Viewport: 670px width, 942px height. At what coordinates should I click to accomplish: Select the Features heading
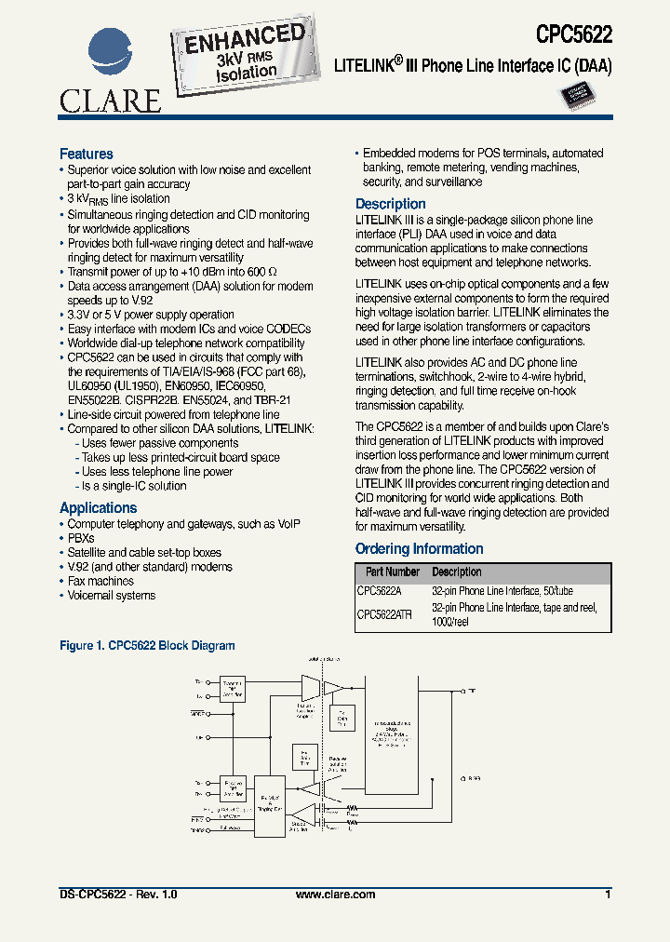point(87,154)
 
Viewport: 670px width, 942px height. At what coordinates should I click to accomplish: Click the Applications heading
point(98,507)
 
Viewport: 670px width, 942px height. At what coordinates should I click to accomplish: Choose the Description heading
point(391,204)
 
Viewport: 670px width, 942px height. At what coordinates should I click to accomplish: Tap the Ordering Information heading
point(419,548)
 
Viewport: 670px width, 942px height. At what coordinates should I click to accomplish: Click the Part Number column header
point(392,572)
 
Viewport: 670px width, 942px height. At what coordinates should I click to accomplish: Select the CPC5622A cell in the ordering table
point(379,590)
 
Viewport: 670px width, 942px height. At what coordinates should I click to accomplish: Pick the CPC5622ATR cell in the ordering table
point(384,614)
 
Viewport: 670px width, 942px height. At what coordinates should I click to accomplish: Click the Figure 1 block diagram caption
point(147,645)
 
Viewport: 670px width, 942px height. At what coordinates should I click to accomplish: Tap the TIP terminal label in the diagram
point(472,691)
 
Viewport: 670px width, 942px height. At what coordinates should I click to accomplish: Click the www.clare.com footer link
point(335,895)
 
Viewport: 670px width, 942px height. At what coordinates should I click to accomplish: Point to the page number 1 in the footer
point(608,895)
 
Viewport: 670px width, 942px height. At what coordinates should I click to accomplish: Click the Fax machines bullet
point(100,581)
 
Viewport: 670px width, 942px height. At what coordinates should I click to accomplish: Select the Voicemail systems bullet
point(111,596)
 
